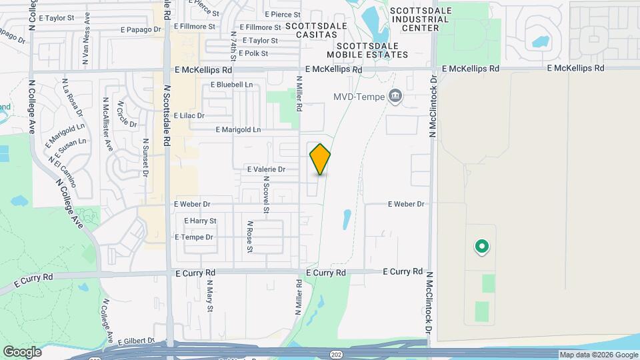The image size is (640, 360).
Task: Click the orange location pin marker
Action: [x=321, y=159]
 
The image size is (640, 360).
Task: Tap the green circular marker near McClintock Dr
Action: [x=481, y=247]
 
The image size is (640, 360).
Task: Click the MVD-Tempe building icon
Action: [x=395, y=97]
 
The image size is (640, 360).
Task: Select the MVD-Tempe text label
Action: [x=359, y=97]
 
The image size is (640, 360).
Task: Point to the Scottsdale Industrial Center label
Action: [x=424, y=19]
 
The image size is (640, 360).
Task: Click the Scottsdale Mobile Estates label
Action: [x=367, y=50]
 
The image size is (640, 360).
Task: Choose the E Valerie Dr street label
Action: [x=265, y=170]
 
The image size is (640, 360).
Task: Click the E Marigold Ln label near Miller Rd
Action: [x=238, y=129]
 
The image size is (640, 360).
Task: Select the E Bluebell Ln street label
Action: [x=232, y=85]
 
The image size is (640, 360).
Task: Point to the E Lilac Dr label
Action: [x=189, y=115]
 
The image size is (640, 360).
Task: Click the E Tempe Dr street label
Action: [x=193, y=237]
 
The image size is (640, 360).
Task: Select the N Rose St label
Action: [x=250, y=237]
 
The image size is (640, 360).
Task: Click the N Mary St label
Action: [x=209, y=297]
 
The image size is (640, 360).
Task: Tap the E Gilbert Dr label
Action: [x=136, y=341]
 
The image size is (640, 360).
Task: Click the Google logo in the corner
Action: [x=22, y=352]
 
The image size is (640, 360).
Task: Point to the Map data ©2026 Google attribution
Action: [x=598, y=355]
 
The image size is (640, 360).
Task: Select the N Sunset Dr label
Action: [x=145, y=158]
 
